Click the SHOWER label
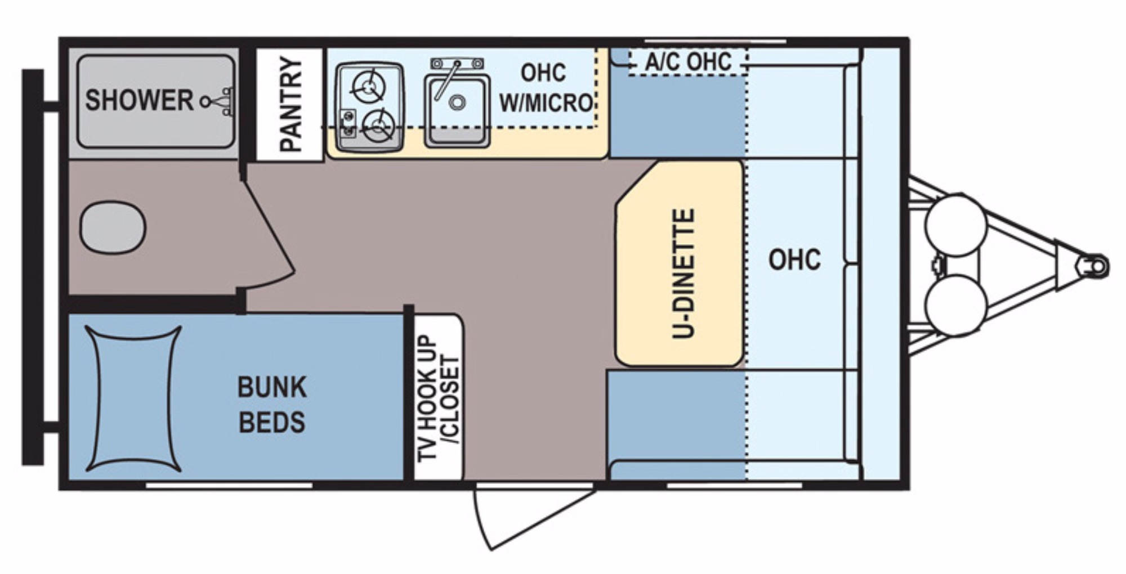pyautogui.click(x=139, y=101)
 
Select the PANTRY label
pyautogui.click(x=291, y=105)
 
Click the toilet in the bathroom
pyautogui.click(x=113, y=228)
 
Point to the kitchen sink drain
pyautogui.click(x=457, y=102)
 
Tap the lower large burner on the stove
pyautogui.click(x=378, y=125)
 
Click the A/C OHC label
pyautogui.click(x=688, y=61)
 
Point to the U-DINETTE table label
pyautogui.click(x=683, y=274)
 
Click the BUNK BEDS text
pyautogui.click(x=272, y=404)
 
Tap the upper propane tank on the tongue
pyautogui.click(x=956, y=225)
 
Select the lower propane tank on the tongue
pyautogui.click(x=956, y=305)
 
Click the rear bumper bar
pyautogui.click(x=33, y=267)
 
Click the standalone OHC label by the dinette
pyautogui.click(x=794, y=259)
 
